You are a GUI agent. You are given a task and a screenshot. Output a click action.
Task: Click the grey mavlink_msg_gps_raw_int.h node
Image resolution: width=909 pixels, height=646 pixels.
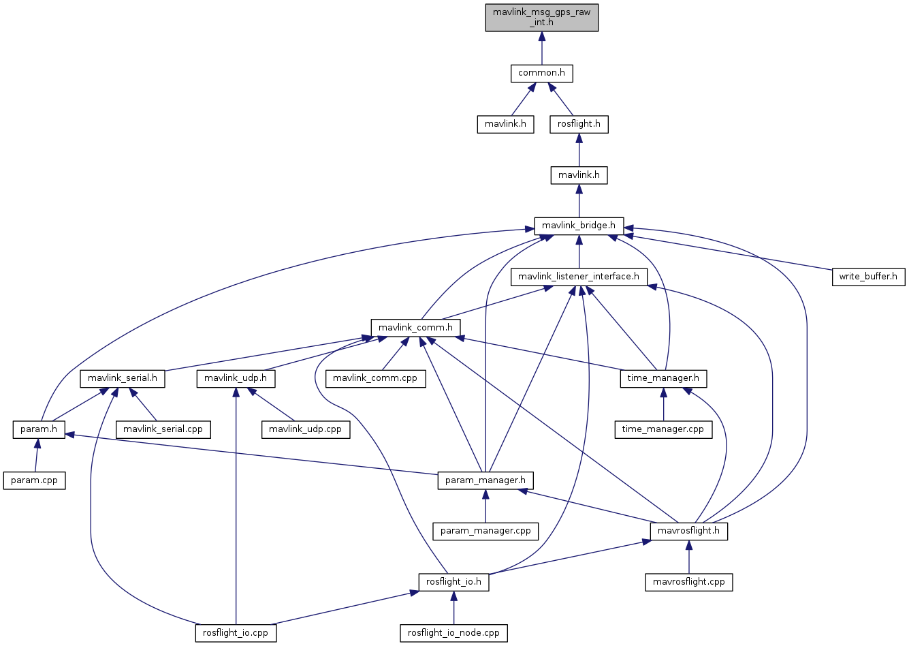[x=542, y=17]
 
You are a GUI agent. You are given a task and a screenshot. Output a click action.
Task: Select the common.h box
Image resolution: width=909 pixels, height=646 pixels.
[x=542, y=73]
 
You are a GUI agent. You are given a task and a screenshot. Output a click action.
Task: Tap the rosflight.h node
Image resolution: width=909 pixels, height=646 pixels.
[x=579, y=124]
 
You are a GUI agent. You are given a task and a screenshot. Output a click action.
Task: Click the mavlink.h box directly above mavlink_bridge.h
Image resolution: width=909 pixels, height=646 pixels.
[x=579, y=175]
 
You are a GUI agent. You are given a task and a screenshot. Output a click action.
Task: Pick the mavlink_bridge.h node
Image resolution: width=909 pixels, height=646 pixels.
[x=579, y=226]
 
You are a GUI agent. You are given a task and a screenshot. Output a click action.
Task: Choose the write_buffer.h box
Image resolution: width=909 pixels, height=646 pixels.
[x=868, y=277]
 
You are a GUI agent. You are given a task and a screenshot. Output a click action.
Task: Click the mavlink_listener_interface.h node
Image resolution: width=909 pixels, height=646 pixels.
[x=579, y=277]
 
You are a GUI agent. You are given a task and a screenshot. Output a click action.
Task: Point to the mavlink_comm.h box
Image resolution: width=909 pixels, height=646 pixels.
[x=415, y=328]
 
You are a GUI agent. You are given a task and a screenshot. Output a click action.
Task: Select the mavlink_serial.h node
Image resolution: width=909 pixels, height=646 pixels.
[x=123, y=378]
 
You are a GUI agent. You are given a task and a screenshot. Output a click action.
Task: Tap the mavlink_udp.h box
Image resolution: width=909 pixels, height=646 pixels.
[x=236, y=378]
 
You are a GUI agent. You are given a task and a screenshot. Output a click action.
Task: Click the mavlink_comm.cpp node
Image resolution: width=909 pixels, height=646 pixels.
[x=375, y=378]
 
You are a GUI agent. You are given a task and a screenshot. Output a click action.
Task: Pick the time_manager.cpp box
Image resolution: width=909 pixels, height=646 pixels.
[x=663, y=429]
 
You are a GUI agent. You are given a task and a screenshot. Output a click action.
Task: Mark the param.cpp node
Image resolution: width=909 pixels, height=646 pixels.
[x=35, y=480]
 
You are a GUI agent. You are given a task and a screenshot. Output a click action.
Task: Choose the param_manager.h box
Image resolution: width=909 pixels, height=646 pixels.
[x=485, y=480]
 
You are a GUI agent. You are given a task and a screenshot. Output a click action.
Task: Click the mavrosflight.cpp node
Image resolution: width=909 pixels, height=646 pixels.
[x=689, y=582]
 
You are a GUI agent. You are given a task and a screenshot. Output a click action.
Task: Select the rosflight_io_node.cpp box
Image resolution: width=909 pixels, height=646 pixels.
[x=453, y=633]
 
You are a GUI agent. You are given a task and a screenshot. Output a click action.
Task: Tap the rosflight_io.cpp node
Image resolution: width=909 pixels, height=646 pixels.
[x=236, y=633]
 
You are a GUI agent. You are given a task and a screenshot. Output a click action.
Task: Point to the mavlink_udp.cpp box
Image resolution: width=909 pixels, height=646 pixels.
[x=306, y=429]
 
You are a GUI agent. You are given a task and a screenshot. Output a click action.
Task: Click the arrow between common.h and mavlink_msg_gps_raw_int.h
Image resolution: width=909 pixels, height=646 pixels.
[x=542, y=48]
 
